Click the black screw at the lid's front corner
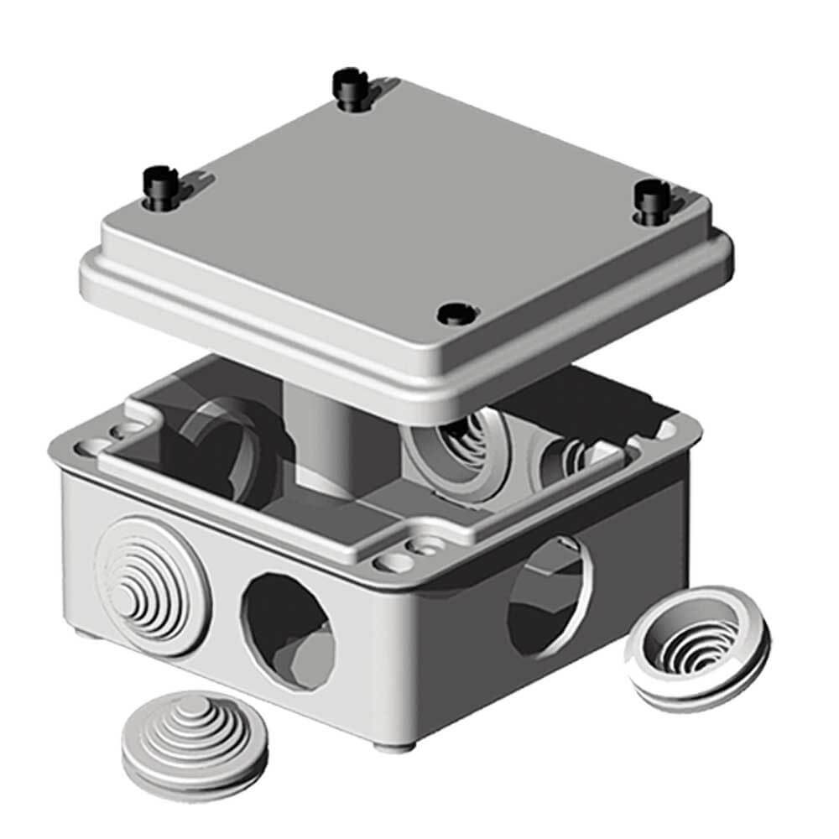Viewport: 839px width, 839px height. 456,315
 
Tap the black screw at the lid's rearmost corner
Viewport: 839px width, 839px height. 346,83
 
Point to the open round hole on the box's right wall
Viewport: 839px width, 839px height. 545,592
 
